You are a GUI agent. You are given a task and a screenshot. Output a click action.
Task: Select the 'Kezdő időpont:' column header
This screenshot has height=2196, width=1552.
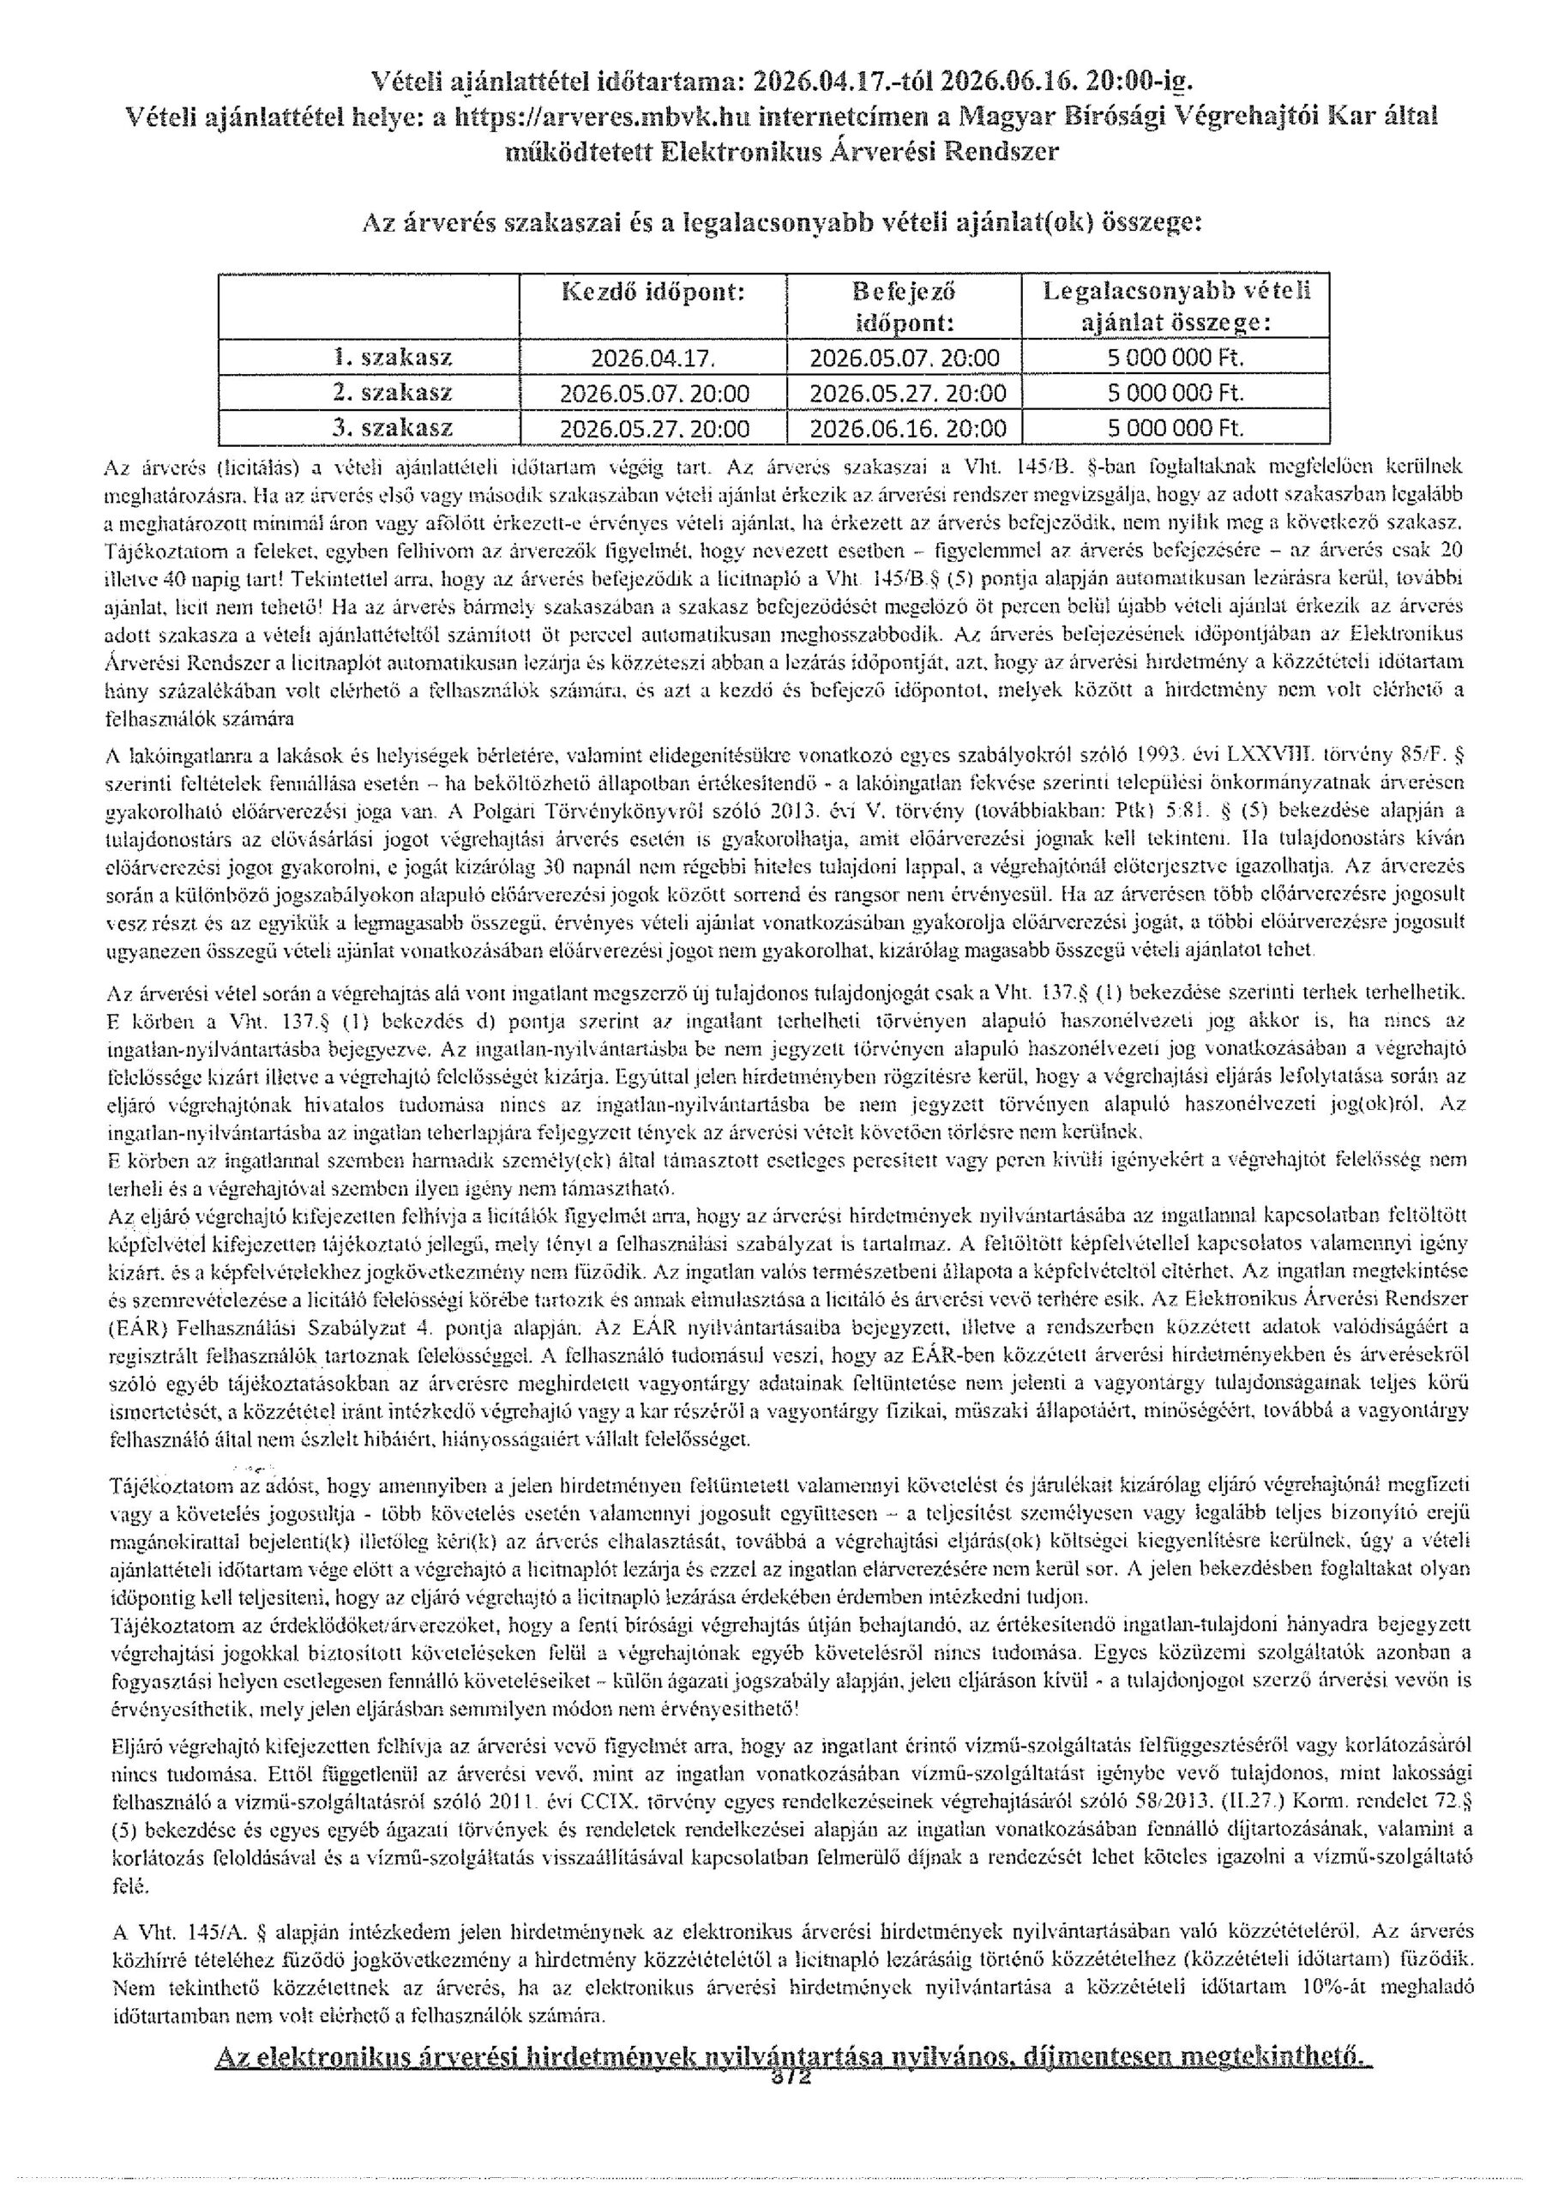coord(651,293)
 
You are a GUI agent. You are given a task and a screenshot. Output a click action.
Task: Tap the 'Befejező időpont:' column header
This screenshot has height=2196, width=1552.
coord(904,307)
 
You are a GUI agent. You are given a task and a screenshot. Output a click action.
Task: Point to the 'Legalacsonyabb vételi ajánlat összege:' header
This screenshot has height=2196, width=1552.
coord(1176,307)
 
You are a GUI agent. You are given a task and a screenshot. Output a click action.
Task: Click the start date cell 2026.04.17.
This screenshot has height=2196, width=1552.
coord(653,359)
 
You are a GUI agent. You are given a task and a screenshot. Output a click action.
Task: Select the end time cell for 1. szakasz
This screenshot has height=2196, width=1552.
coord(904,359)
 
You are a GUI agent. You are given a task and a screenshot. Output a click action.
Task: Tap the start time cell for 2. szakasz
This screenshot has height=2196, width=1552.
coord(653,393)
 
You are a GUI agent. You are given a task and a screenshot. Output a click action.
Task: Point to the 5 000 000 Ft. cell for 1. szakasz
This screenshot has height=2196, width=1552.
coord(1176,359)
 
